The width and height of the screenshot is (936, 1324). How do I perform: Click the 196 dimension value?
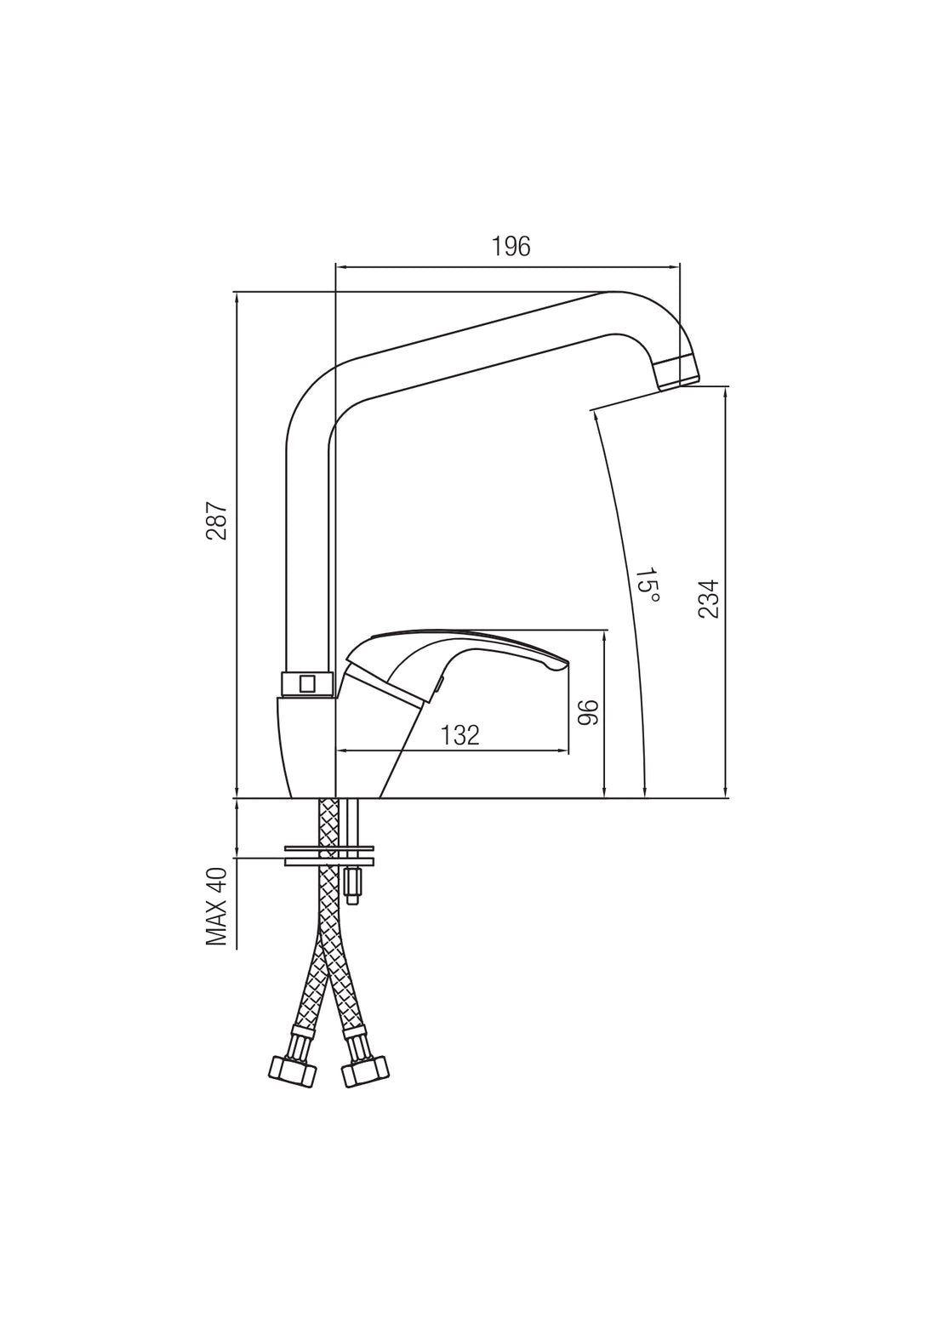[511, 247]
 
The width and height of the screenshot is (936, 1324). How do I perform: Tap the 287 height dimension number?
[217, 521]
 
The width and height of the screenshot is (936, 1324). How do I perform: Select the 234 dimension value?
[709, 599]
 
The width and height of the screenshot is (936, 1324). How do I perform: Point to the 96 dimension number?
[589, 712]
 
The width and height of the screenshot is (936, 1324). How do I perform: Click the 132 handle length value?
[460, 734]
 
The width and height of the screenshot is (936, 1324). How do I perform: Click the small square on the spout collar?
[307, 684]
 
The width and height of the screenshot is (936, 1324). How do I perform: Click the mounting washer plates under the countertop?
[329, 855]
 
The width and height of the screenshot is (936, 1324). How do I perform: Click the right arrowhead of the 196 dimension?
[675, 266]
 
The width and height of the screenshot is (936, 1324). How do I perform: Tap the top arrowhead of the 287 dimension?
[237, 297]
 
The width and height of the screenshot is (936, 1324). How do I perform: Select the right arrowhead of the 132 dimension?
[562, 750]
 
